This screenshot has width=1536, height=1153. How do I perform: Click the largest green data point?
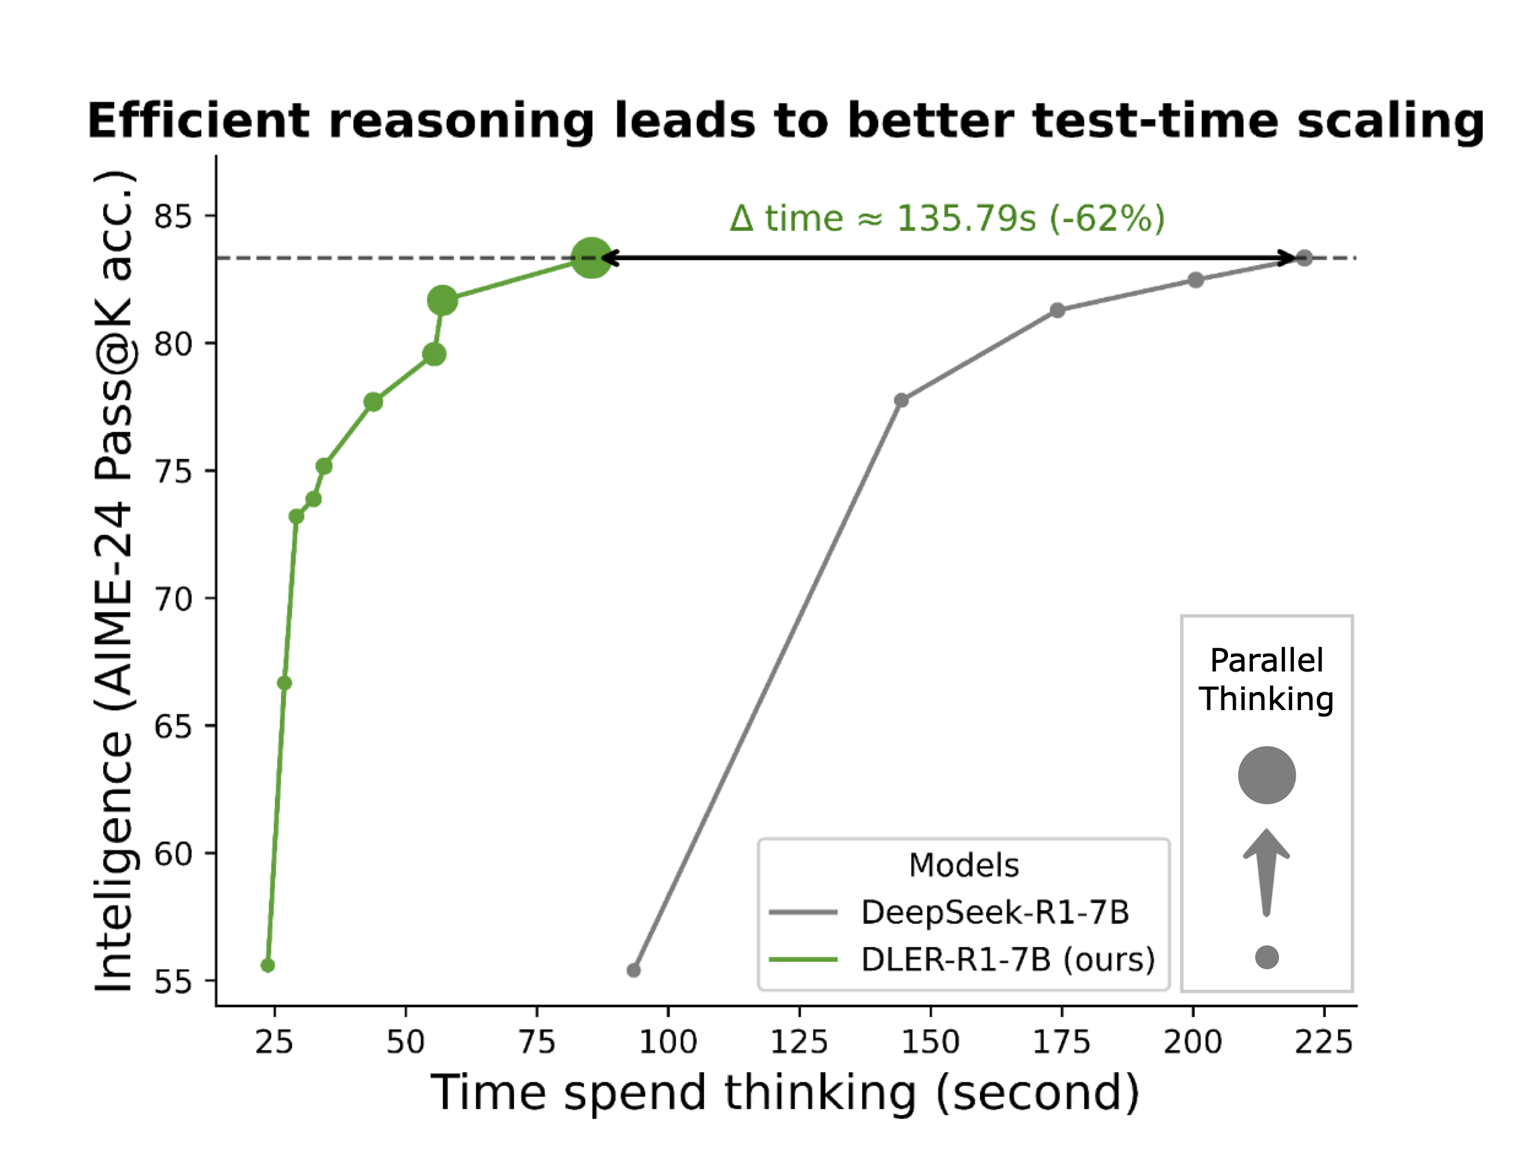(x=591, y=258)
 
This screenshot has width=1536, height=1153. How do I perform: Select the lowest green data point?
(x=268, y=965)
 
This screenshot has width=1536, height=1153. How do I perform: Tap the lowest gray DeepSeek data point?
(x=633, y=970)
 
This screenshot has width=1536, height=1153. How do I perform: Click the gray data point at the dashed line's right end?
(x=1304, y=258)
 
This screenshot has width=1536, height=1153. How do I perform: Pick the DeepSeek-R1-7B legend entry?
(x=994, y=913)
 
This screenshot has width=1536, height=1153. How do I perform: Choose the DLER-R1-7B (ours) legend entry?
(x=1007, y=960)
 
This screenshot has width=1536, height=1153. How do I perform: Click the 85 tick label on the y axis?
(x=173, y=217)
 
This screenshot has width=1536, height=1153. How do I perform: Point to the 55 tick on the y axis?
(x=173, y=982)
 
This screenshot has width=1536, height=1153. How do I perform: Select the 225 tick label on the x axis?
(x=1324, y=1042)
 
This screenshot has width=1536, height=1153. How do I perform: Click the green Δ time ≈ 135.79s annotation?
(x=947, y=219)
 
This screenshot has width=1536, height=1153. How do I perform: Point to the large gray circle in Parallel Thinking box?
(x=1267, y=775)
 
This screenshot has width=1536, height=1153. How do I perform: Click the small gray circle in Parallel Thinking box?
(x=1267, y=957)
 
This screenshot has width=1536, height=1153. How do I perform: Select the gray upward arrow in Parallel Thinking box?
(x=1267, y=872)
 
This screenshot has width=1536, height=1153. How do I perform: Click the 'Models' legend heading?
(x=964, y=866)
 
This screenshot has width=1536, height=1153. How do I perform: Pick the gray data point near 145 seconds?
(x=902, y=400)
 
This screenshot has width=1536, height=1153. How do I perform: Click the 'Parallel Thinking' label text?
(x=1267, y=679)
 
